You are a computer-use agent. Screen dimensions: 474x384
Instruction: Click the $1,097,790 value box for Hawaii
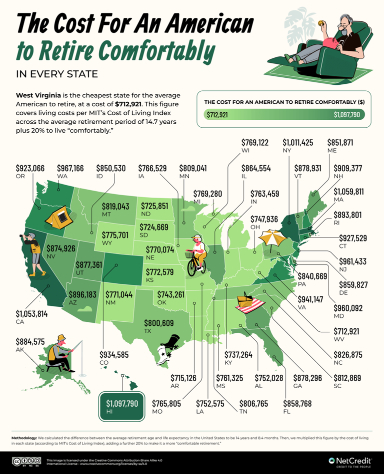pyautogui.click(x=122, y=402)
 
